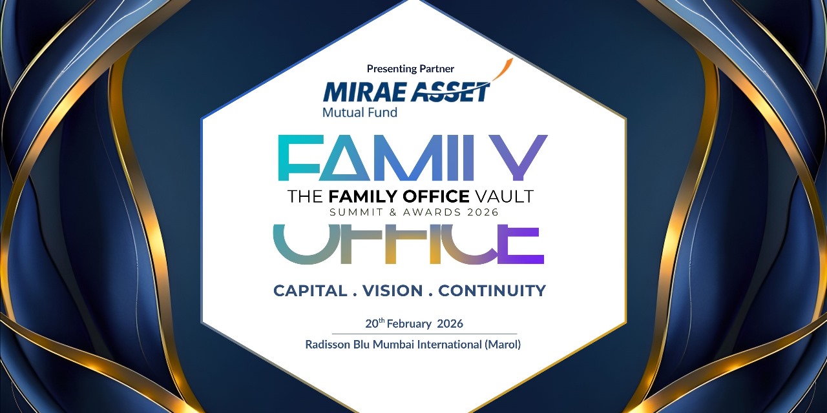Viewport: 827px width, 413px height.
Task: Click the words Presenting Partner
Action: [410, 68]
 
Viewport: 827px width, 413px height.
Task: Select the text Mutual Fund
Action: [359, 112]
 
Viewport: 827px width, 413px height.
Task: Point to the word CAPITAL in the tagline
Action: [310, 290]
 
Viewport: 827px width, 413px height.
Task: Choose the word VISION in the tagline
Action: [393, 290]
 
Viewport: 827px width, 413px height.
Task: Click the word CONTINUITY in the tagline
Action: [492, 290]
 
